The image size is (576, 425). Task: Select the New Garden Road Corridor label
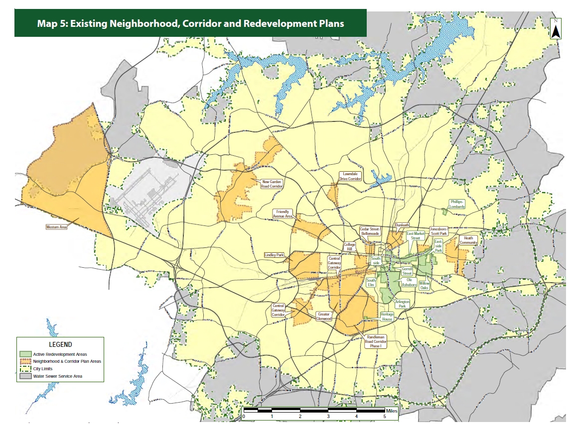coord(272,184)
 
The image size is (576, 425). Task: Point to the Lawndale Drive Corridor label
coord(350,176)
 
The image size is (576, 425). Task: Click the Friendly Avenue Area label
coord(285,214)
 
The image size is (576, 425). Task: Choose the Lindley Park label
coord(274,255)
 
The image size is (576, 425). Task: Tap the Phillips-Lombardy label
coord(457,204)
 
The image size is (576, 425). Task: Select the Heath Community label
coord(468,240)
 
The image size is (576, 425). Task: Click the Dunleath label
coord(402,225)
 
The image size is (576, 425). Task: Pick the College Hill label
coord(350,247)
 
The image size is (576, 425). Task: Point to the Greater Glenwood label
coord(324,316)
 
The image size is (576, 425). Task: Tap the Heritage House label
coord(387,316)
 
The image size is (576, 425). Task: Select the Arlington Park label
coord(402,304)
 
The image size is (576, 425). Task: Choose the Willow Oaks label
coord(424,285)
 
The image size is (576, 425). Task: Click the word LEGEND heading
coord(60,344)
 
